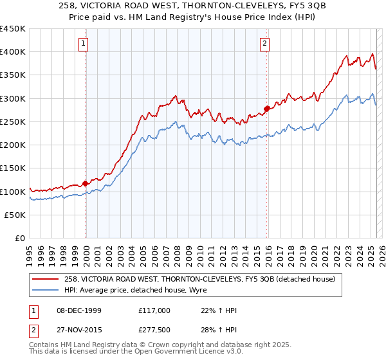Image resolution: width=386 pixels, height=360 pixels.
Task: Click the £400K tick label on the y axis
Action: coord(13,52)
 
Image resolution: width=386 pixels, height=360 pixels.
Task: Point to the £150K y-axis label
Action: coord(13,168)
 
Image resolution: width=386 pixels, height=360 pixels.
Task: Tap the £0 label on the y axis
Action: coord(20,239)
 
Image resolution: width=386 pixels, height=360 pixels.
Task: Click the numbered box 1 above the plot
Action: coord(84,44)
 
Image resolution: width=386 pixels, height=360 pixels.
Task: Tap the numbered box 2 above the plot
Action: coord(265,44)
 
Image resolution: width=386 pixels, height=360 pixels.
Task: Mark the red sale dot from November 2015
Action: coord(267,109)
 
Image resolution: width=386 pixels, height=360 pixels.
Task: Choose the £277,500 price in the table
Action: coord(154,329)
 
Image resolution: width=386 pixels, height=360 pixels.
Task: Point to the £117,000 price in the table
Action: coord(154,310)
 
